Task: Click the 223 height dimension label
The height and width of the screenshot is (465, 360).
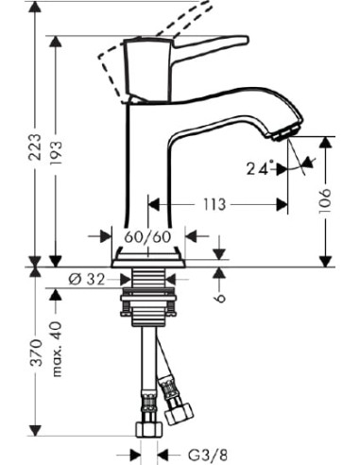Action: coord(35,147)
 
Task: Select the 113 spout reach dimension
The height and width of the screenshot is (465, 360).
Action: coord(214,205)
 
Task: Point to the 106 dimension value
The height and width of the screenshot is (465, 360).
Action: coord(325,200)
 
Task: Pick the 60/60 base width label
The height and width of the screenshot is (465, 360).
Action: coord(147,236)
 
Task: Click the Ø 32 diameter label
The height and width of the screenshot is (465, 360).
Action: coord(87,279)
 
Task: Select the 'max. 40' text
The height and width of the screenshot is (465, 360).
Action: coord(57,349)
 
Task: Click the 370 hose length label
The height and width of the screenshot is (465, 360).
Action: coord(36,353)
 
